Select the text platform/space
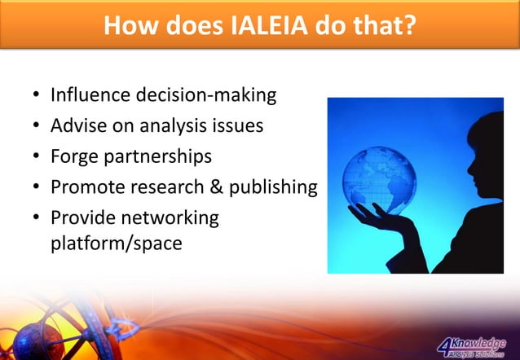[x=116, y=243]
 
